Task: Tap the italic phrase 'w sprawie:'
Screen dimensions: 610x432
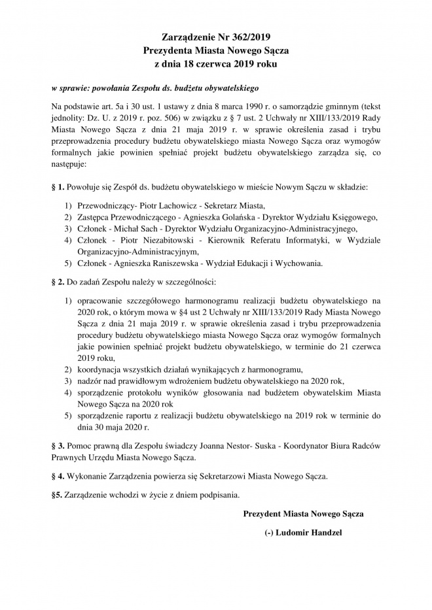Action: coord(67,87)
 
